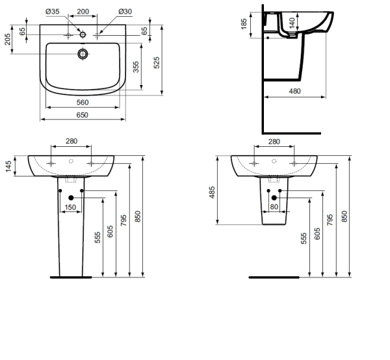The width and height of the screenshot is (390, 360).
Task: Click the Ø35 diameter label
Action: (x=52, y=12)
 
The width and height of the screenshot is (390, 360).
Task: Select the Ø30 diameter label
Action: (x=125, y=12)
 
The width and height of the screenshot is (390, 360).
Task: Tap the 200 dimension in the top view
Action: (x=83, y=12)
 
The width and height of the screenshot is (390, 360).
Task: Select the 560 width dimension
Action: (x=83, y=102)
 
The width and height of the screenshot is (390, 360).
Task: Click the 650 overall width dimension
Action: (x=83, y=115)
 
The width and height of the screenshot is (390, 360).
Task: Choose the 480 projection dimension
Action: (x=294, y=92)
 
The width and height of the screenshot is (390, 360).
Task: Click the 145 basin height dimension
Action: (x=7, y=166)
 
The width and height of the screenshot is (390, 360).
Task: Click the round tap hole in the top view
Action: (x=83, y=54)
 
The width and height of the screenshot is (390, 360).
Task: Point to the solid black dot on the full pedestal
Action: (x=71, y=198)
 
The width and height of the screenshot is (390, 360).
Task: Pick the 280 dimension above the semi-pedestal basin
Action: (x=274, y=142)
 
